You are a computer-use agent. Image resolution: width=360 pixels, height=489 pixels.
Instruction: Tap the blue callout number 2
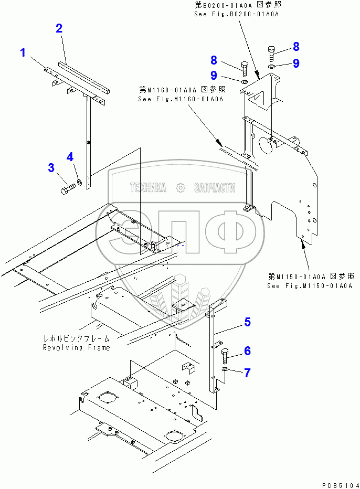click(59, 28)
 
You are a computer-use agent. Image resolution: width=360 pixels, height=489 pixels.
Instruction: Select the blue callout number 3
click(51, 168)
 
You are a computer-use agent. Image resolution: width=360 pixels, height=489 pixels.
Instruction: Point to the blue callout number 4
click(70, 156)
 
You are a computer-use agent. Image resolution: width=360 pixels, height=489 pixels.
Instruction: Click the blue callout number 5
click(247, 322)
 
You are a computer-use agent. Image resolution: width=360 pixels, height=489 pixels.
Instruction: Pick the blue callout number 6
click(247, 351)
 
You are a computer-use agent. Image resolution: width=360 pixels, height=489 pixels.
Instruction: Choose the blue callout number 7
click(247, 373)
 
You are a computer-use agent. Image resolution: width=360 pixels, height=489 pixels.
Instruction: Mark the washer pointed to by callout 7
click(225, 371)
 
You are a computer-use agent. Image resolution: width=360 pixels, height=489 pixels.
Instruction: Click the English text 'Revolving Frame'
click(76, 347)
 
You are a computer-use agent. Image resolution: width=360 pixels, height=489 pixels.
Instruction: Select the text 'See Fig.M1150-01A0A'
click(309, 286)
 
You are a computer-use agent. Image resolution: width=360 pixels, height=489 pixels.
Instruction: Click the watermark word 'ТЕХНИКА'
click(149, 187)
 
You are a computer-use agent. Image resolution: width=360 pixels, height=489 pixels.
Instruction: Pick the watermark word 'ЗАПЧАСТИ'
click(215, 187)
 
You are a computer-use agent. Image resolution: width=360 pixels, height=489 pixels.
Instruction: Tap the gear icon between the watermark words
click(181, 187)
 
